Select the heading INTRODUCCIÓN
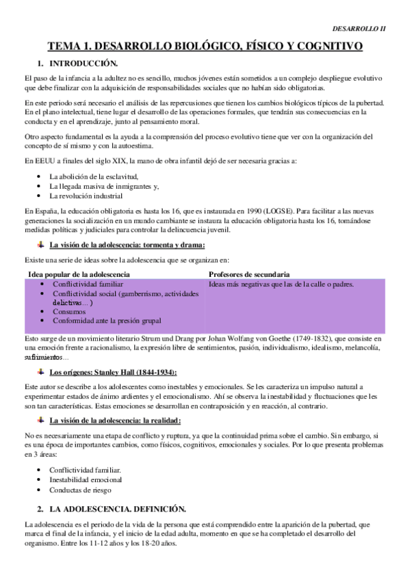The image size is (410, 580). tap(79, 63)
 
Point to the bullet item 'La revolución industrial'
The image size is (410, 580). tap(86, 195)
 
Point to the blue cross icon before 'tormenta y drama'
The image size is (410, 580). tap(41, 244)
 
